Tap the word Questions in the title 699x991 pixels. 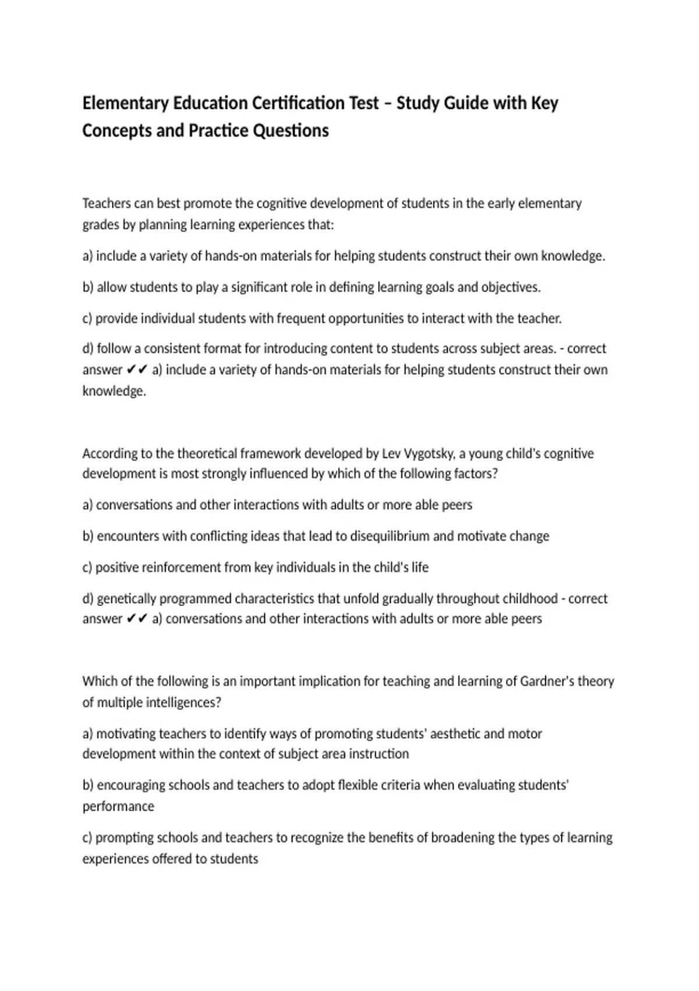click(291, 131)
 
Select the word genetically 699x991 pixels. click(126, 599)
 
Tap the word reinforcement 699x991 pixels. click(179, 567)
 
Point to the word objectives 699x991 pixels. click(510, 287)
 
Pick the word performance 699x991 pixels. click(118, 807)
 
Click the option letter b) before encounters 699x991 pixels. click(88, 536)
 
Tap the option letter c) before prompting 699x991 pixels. click(87, 838)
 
